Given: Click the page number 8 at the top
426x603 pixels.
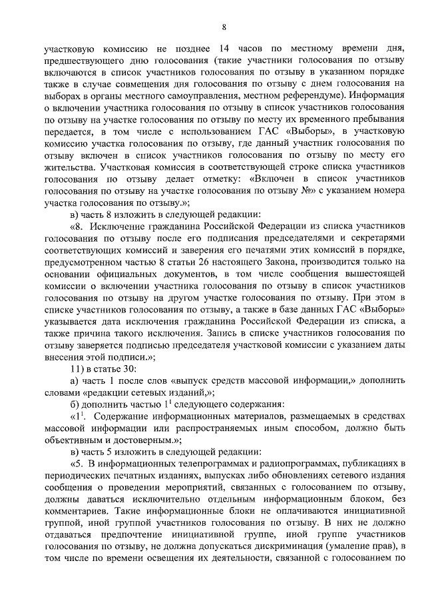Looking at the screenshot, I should tap(224, 27).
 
